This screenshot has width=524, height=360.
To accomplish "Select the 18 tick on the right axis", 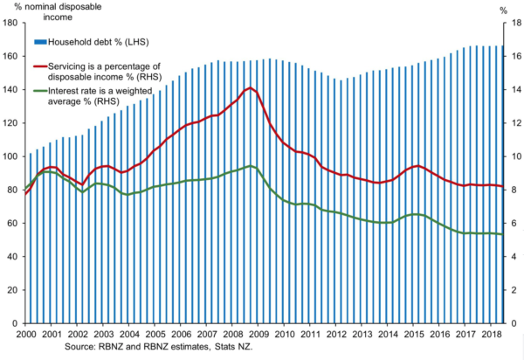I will pos(514,24).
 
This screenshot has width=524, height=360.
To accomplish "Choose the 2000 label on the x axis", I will pos(26,335).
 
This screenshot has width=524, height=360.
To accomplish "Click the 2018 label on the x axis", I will pos(492,335).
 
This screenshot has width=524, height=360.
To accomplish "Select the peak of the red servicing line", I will pos(251,87).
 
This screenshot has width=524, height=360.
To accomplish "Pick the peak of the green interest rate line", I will pos(251,166).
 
